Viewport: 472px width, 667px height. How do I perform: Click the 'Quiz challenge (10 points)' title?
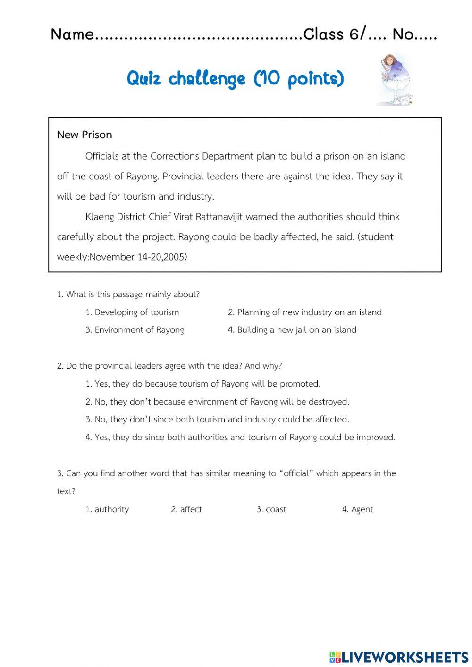[x=235, y=79]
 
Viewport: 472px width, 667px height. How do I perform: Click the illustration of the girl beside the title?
[x=394, y=79]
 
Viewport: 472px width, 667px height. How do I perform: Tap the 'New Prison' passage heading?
[x=84, y=135]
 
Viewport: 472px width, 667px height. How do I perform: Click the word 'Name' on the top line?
[x=72, y=34]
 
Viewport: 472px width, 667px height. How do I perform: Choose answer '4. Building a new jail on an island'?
[x=292, y=330]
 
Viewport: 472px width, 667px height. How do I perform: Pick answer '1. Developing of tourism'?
[x=132, y=312]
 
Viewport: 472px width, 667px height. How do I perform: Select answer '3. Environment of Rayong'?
[x=135, y=330]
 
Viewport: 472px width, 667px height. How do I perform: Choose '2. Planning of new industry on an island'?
[x=304, y=312]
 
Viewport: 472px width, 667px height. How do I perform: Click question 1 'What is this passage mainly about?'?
[x=128, y=295]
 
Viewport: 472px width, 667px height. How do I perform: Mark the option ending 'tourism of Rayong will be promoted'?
[x=203, y=384]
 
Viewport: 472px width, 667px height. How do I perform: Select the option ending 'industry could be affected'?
[x=217, y=419]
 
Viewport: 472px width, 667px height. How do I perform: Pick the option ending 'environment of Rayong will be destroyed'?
[x=217, y=402]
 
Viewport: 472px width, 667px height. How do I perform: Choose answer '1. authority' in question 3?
[x=107, y=509]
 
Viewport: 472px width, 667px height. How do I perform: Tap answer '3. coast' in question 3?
[x=271, y=509]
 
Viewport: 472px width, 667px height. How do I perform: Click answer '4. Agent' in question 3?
[x=357, y=509]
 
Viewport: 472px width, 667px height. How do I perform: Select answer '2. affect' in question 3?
[x=186, y=509]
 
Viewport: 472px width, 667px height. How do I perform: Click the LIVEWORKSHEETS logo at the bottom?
[x=399, y=657]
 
